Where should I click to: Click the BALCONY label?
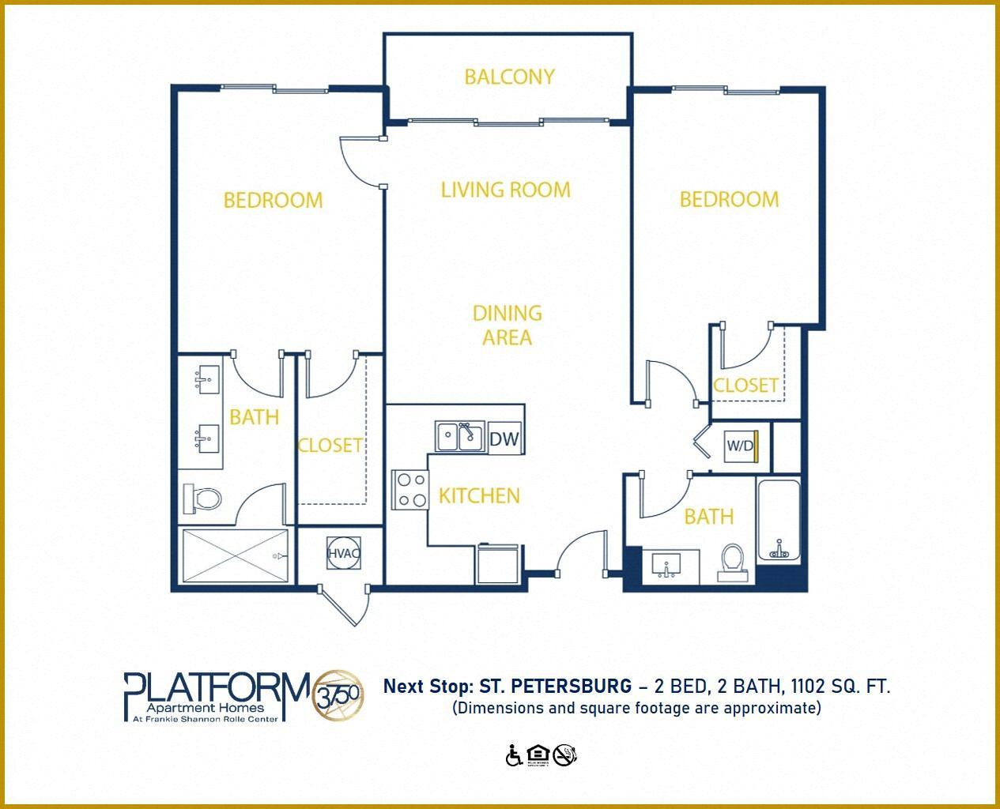(x=509, y=77)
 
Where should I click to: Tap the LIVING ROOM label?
(x=505, y=190)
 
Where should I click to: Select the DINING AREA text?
(x=507, y=325)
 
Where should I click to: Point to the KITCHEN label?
(x=479, y=496)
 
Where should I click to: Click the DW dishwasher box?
(x=504, y=438)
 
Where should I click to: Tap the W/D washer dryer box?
(x=742, y=446)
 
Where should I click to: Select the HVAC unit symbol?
(x=344, y=553)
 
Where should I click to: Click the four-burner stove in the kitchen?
(x=409, y=489)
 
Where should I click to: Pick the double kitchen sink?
(x=459, y=436)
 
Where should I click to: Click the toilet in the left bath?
(x=204, y=499)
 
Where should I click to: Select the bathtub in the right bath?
(x=779, y=520)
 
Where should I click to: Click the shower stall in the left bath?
(x=235, y=556)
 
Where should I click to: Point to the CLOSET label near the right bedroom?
(x=745, y=386)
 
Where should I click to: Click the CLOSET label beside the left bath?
(x=330, y=446)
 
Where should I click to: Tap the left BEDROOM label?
(x=273, y=200)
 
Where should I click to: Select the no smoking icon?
(x=564, y=755)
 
